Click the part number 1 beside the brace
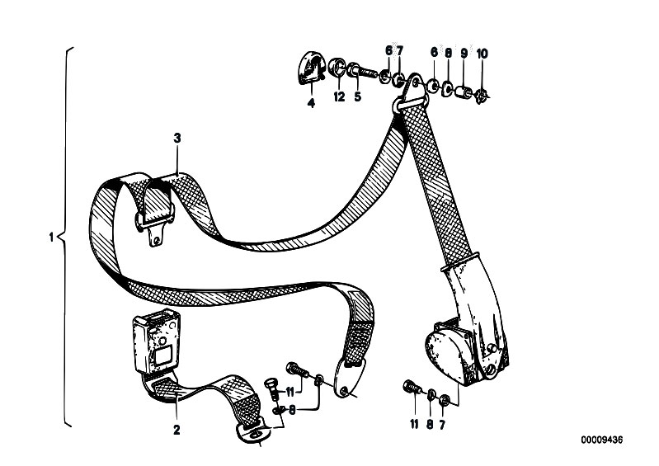(x=51, y=238)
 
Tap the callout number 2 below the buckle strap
(x=177, y=430)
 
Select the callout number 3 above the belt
(x=177, y=139)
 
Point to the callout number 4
(x=311, y=103)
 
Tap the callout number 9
(x=464, y=54)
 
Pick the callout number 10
(x=482, y=54)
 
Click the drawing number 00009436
(x=602, y=440)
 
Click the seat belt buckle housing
(x=157, y=341)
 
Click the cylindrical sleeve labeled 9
(x=464, y=92)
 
